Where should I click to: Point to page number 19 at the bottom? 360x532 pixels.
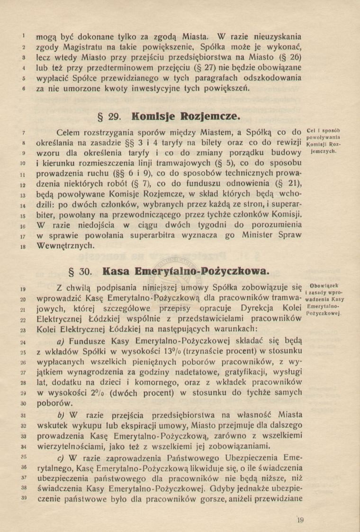(299, 521)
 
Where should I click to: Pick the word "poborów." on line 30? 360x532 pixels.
(55, 403)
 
